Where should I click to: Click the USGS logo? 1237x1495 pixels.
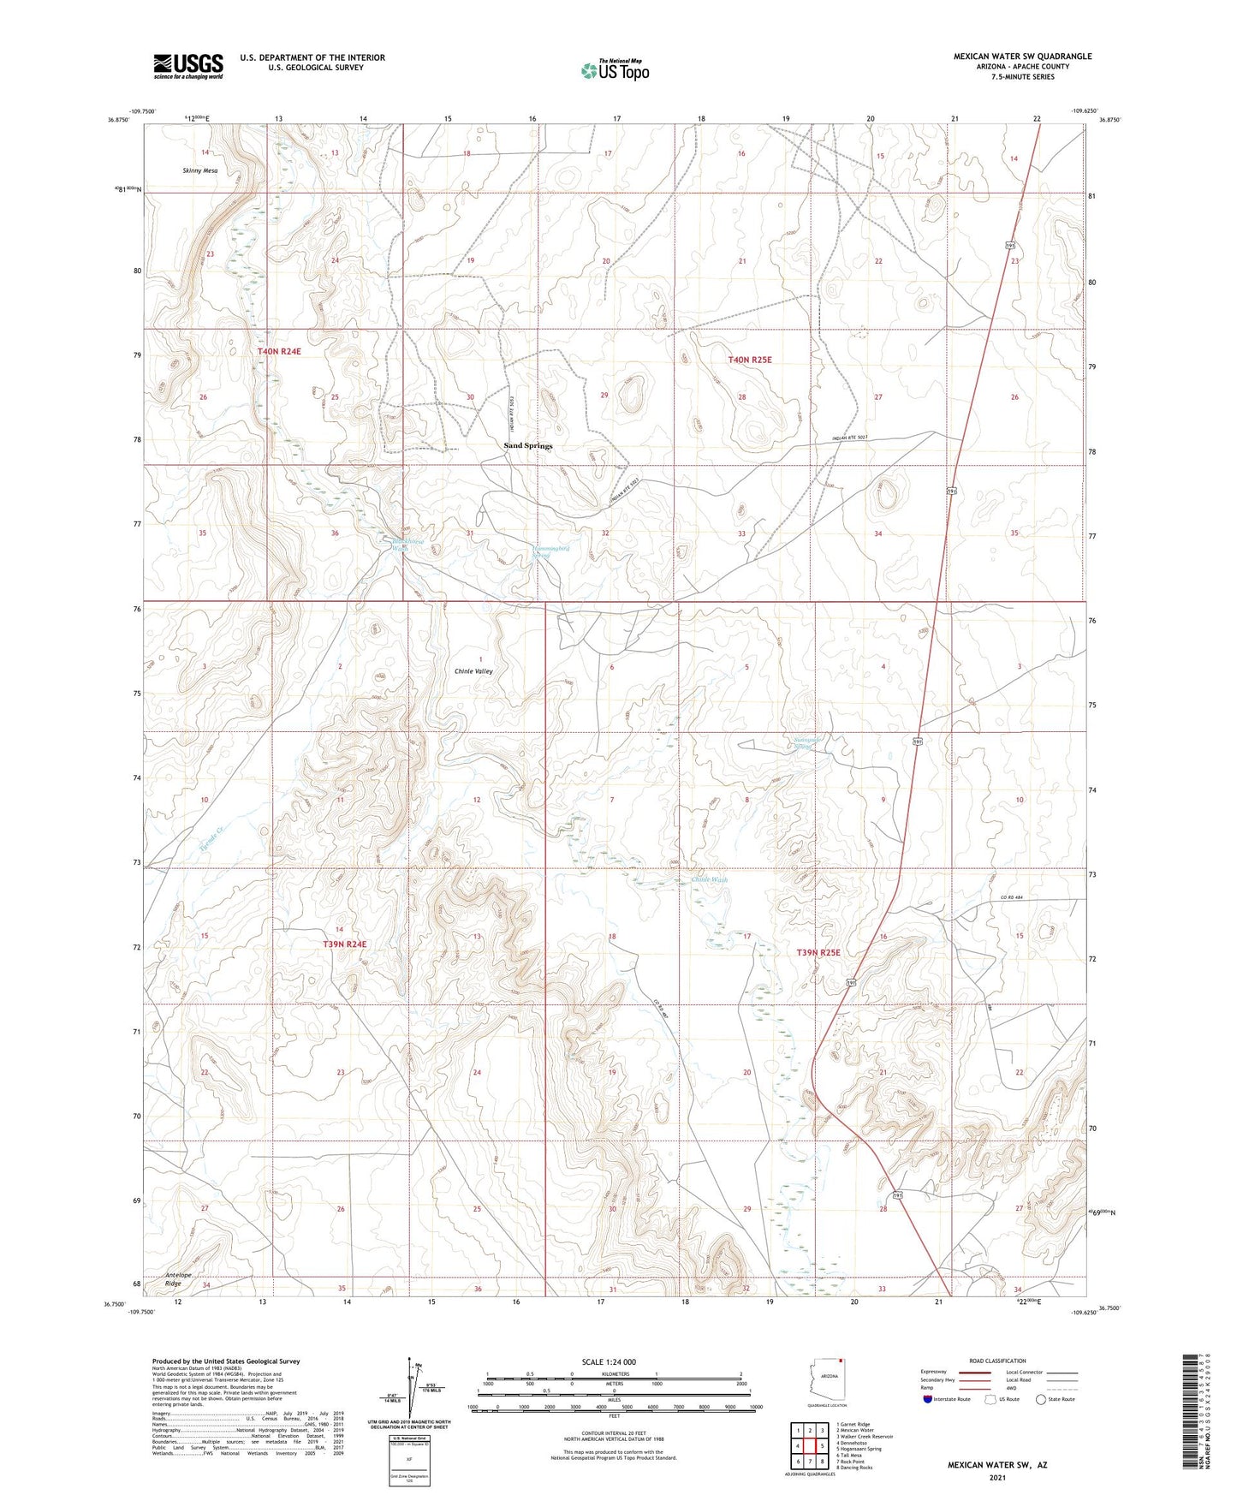coord(187,66)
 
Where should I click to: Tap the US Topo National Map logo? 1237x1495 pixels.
coord(615,70)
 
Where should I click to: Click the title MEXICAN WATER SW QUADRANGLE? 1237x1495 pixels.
coord(1022,57)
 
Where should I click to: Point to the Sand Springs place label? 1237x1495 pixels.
coord(527,446)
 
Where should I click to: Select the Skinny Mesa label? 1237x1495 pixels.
coord(199,170)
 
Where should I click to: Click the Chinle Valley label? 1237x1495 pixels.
coord(473,671)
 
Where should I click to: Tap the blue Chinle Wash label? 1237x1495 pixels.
coord(710,879)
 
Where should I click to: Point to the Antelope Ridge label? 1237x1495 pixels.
coord(173,1279)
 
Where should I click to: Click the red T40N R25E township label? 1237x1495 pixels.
coord(749,360)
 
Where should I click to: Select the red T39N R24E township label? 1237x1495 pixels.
coord(344,944)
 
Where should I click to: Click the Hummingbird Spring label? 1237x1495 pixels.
coord(546,551)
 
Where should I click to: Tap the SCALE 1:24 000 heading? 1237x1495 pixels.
coord(614,1362)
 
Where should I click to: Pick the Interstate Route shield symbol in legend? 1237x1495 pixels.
coord(929,1399)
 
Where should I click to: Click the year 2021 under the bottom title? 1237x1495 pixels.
coord(996,1478)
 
